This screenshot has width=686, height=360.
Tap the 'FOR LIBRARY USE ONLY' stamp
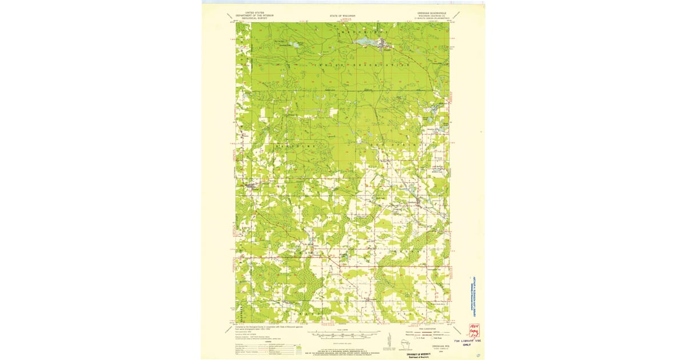point(472,344)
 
